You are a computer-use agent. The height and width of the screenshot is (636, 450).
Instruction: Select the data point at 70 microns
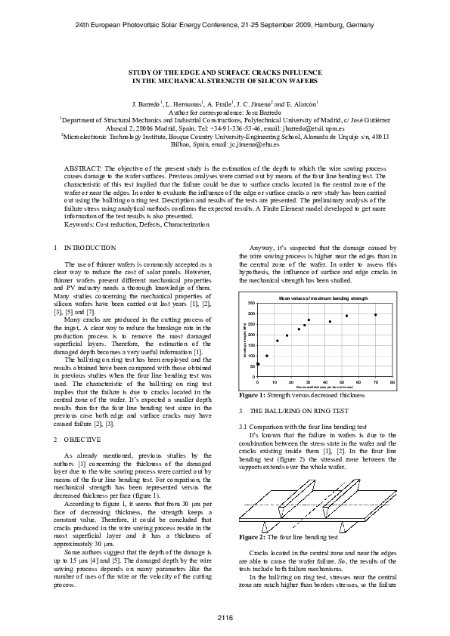(x=376, y=315)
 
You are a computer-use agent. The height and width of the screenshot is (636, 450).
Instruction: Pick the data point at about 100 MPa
(x=267, y=356)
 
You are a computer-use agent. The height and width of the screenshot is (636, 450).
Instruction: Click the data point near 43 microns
(x=330, y=321)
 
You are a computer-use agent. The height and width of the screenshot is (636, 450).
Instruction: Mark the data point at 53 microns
(x=346, y=316)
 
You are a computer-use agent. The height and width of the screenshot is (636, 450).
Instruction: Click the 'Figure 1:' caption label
(x=251, y=395)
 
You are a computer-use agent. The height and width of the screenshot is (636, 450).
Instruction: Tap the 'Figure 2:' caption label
(x=251, y=537)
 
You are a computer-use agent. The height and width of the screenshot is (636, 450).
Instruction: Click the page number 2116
(x=225, y=619)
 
